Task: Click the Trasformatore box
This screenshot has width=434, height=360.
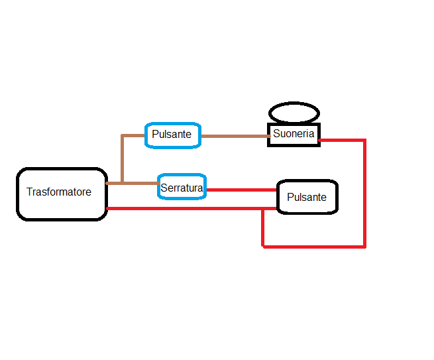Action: coord(61,193)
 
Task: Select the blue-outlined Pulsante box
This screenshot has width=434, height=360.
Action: coord(172,135)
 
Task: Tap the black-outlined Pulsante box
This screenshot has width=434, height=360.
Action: coord(307,197)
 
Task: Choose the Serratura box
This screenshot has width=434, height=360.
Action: coord(182,188)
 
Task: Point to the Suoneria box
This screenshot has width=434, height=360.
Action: coord(294,134)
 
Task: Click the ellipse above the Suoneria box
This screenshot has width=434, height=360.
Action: coord(294,112)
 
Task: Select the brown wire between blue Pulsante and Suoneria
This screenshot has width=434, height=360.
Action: coord(233,136)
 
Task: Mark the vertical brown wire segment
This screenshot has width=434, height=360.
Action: coord(123,159)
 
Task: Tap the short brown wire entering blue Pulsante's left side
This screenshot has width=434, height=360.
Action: coord(134,135)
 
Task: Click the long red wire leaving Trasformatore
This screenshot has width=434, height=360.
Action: coord(186,209)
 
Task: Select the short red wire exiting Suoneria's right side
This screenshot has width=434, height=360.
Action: coord(341,140)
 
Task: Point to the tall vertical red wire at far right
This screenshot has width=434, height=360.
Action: coord(364,192)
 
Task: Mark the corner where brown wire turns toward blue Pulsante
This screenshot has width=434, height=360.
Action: coord(123,136)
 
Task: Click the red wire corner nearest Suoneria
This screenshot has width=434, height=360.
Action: coord(364,140)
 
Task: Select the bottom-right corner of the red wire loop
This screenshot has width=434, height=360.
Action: coord(364,247)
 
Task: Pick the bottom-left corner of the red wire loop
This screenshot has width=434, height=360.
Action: coord(264,247)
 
